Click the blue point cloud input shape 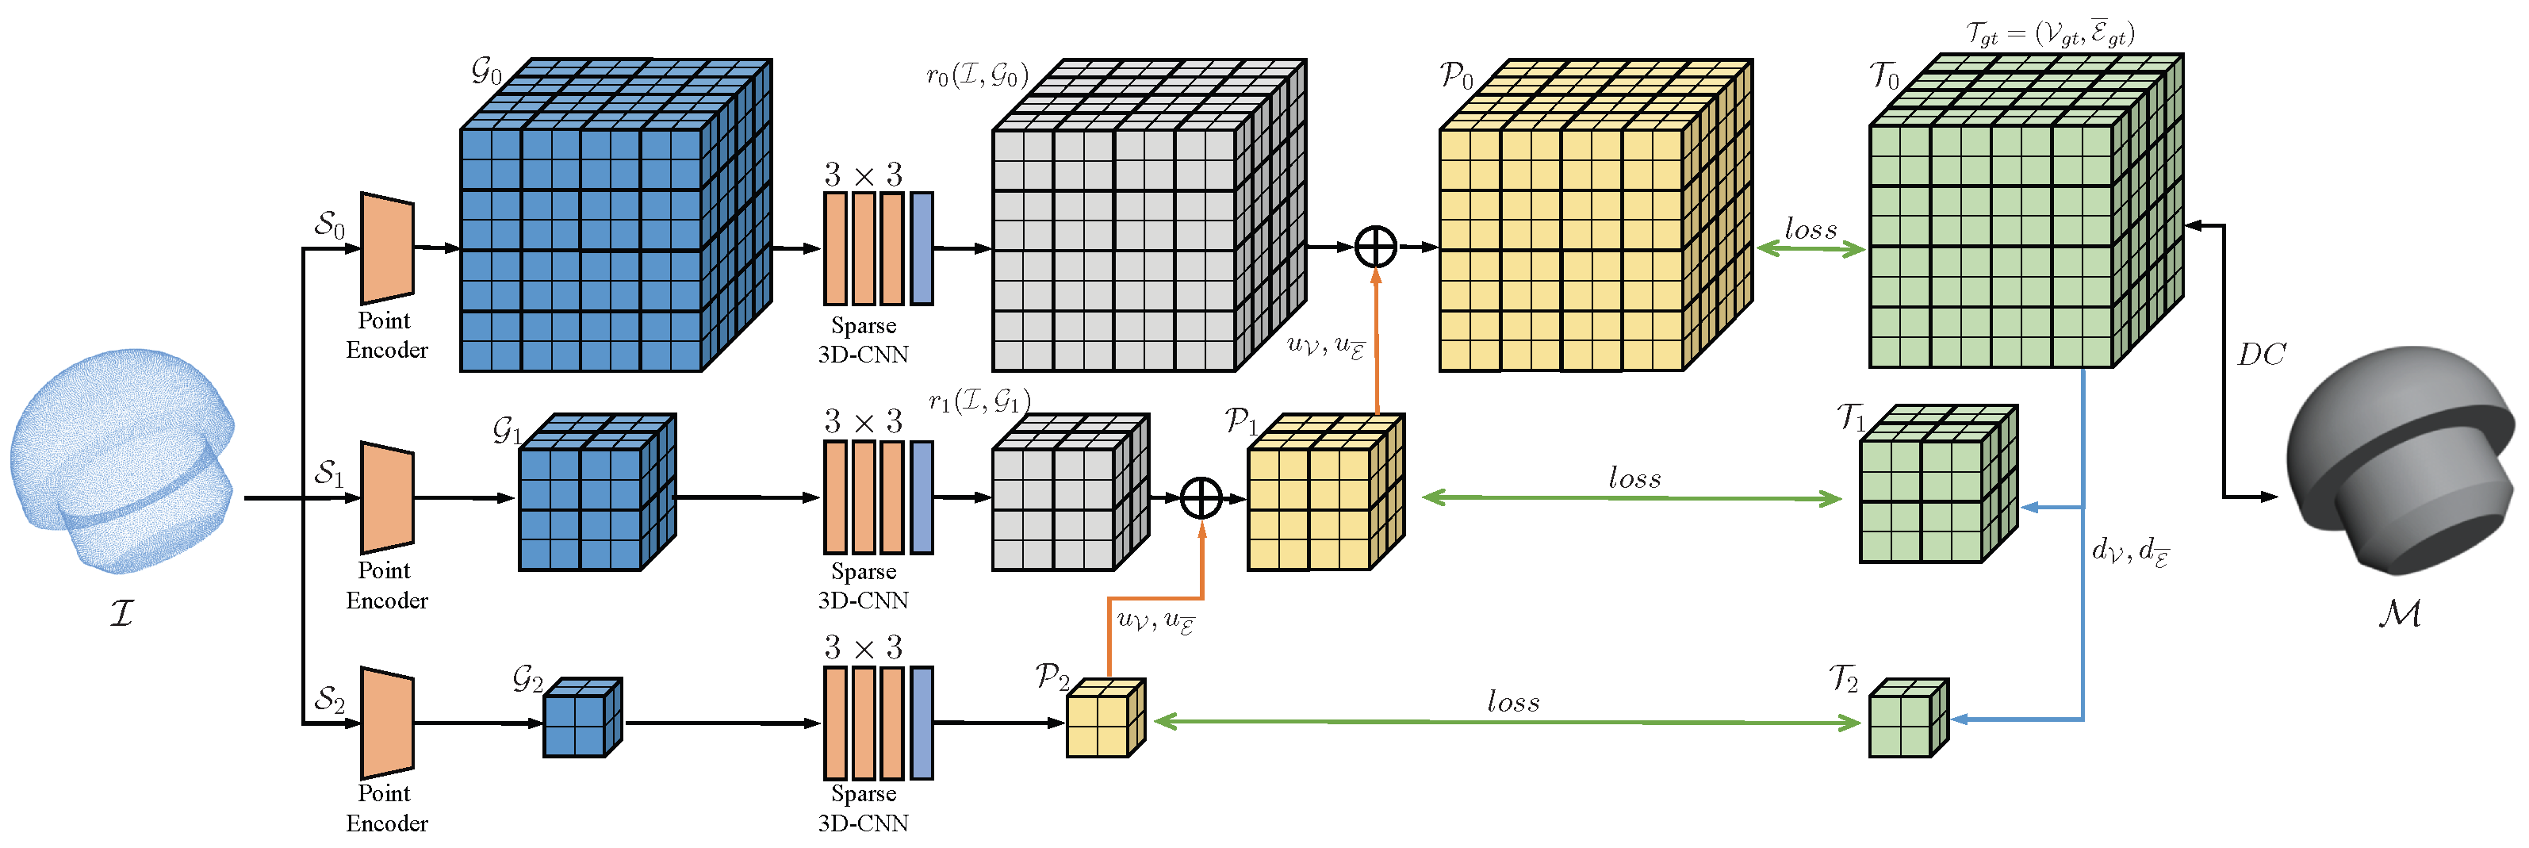[123, 462]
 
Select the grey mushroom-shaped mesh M [2401, 462]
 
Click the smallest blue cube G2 [581, 719]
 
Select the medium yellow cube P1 [1320, 496]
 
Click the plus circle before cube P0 [1375, 247]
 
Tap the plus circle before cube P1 [1201, 497]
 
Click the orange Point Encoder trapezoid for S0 [387, 247]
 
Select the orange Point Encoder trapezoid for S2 [387, 723]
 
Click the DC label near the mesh [2262, 355]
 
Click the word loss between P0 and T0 [1811, 228]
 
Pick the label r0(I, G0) [977, 75]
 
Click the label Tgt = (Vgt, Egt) [2050, 33]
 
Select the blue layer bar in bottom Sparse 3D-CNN [921, 723]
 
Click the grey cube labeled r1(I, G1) [1065, 496]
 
